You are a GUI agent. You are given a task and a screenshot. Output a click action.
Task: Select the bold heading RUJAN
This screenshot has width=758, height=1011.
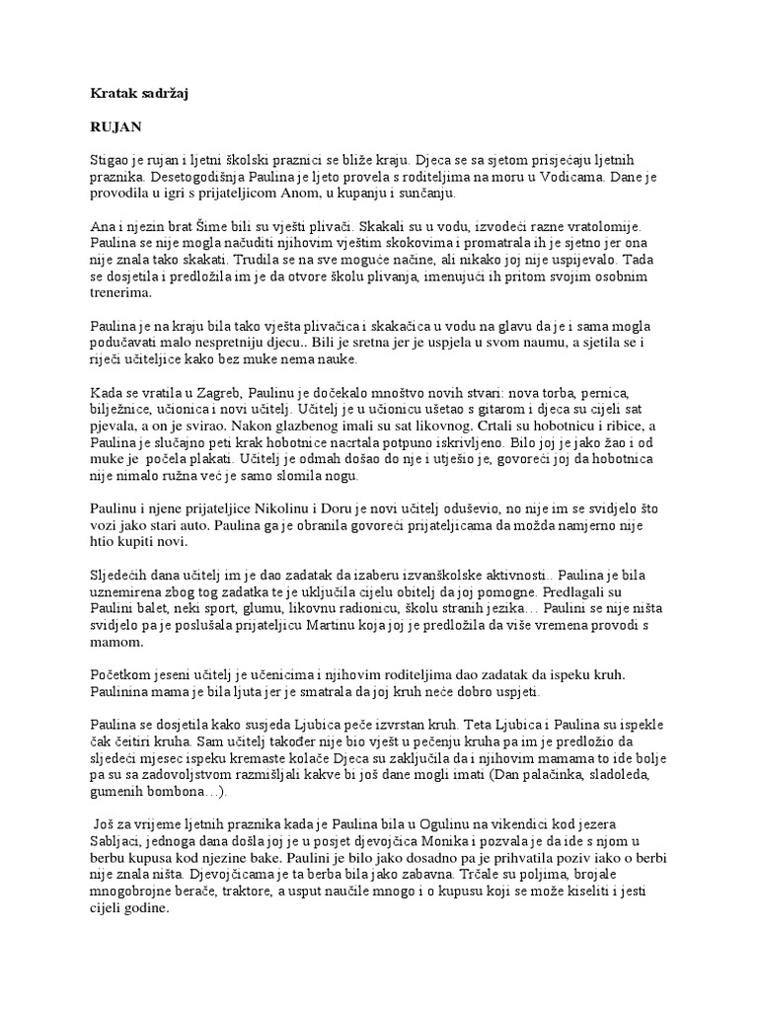tap(115, 127)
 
